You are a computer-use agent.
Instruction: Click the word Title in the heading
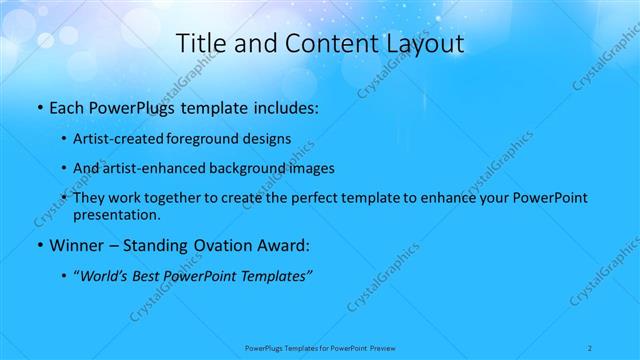tap(198, 43)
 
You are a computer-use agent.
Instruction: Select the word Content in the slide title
tap(325, 43)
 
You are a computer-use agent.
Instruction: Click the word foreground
tap(212, 139)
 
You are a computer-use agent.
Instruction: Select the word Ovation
tap(220, 244)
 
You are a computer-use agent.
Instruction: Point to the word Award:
tap(282, 244)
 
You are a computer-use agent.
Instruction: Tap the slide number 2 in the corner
tap(592, 348)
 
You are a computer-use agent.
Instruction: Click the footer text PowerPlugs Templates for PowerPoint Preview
tap(321, 348)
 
